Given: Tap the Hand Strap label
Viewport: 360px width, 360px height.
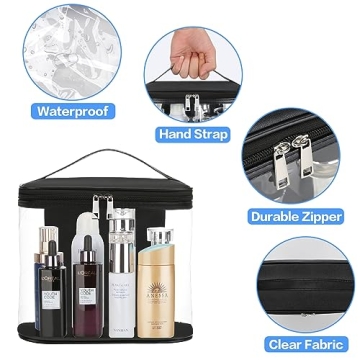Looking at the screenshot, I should click(x=193, y=133).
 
